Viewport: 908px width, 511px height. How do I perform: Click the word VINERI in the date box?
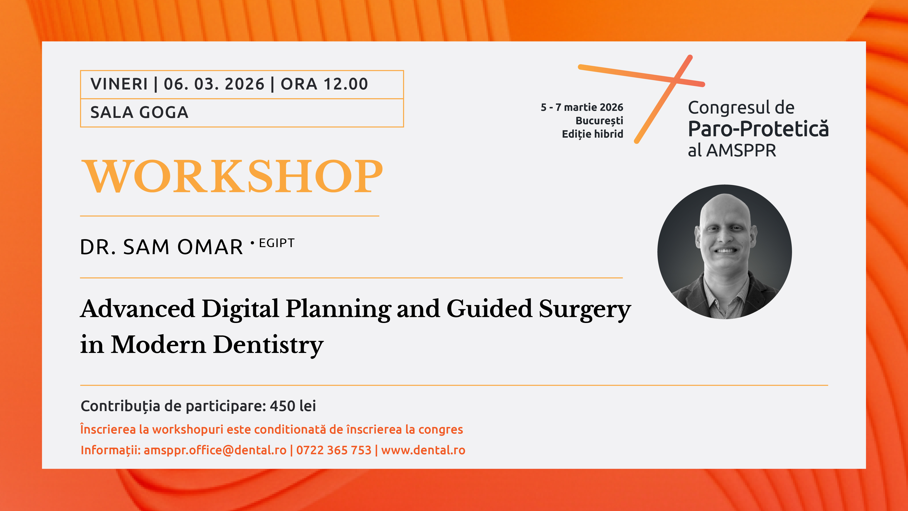point(119,84)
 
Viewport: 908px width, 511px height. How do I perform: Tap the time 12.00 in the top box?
point(346,84)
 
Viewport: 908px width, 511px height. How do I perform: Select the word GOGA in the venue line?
point(164,112)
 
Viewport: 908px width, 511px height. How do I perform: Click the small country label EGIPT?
point(277,243)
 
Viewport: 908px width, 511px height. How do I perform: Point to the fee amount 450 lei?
point(293,406)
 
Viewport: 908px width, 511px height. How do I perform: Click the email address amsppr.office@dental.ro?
point(215,450)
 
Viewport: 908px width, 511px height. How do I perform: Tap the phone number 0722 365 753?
point(334,450)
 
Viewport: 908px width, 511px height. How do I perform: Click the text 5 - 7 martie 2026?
point(582,107)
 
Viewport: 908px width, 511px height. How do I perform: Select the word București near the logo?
point(599,121)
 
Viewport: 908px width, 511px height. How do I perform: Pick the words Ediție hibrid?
point(592,134)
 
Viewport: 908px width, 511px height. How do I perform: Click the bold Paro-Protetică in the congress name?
point(758,129)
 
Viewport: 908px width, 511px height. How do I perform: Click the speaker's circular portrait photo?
point(725,252)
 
